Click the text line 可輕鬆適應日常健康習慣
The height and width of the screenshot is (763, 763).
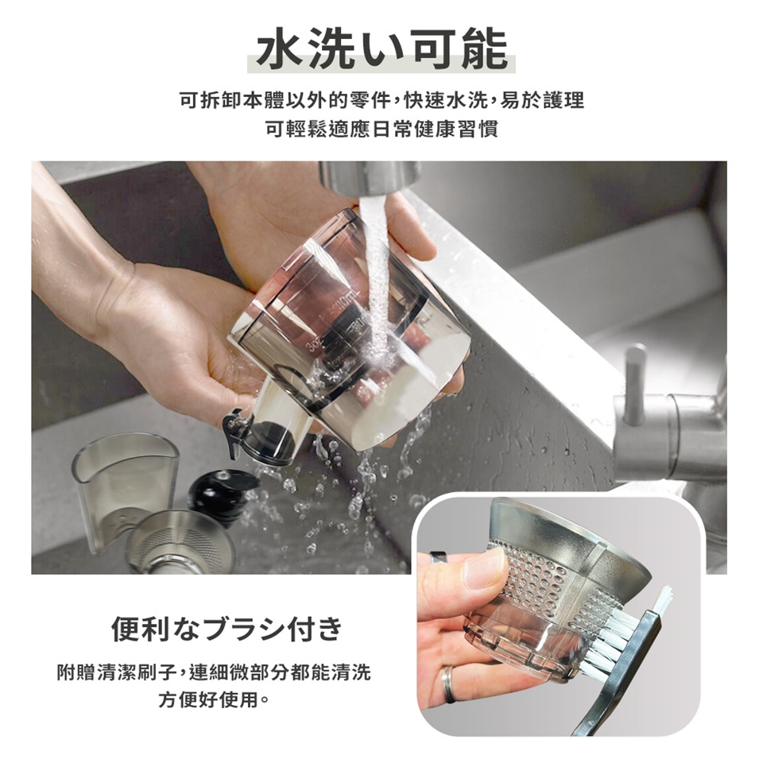point(381,130)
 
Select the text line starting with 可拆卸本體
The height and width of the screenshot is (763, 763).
point(381,101)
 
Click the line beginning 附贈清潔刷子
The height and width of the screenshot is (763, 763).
point(214,672)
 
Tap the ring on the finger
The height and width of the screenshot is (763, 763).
point(447,684)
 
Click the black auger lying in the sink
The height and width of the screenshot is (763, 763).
point(222,496)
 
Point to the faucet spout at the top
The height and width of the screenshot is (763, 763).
point(370,177)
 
